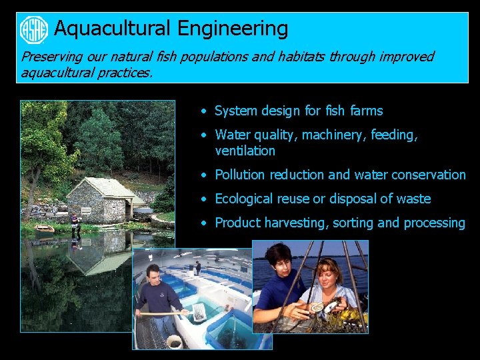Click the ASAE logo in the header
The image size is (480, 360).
click(34, 29)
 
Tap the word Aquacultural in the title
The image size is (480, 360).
click(113, 29)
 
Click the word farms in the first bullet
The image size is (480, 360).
click(366, 111)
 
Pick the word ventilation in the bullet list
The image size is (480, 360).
click(245, 151)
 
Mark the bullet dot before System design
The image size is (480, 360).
click(206, 111)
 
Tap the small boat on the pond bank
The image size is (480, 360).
click(45, 228)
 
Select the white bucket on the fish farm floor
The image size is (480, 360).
click(174, 341)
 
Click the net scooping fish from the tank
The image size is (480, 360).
click(197, 310)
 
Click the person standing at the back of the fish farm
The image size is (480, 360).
click(197, 267)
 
